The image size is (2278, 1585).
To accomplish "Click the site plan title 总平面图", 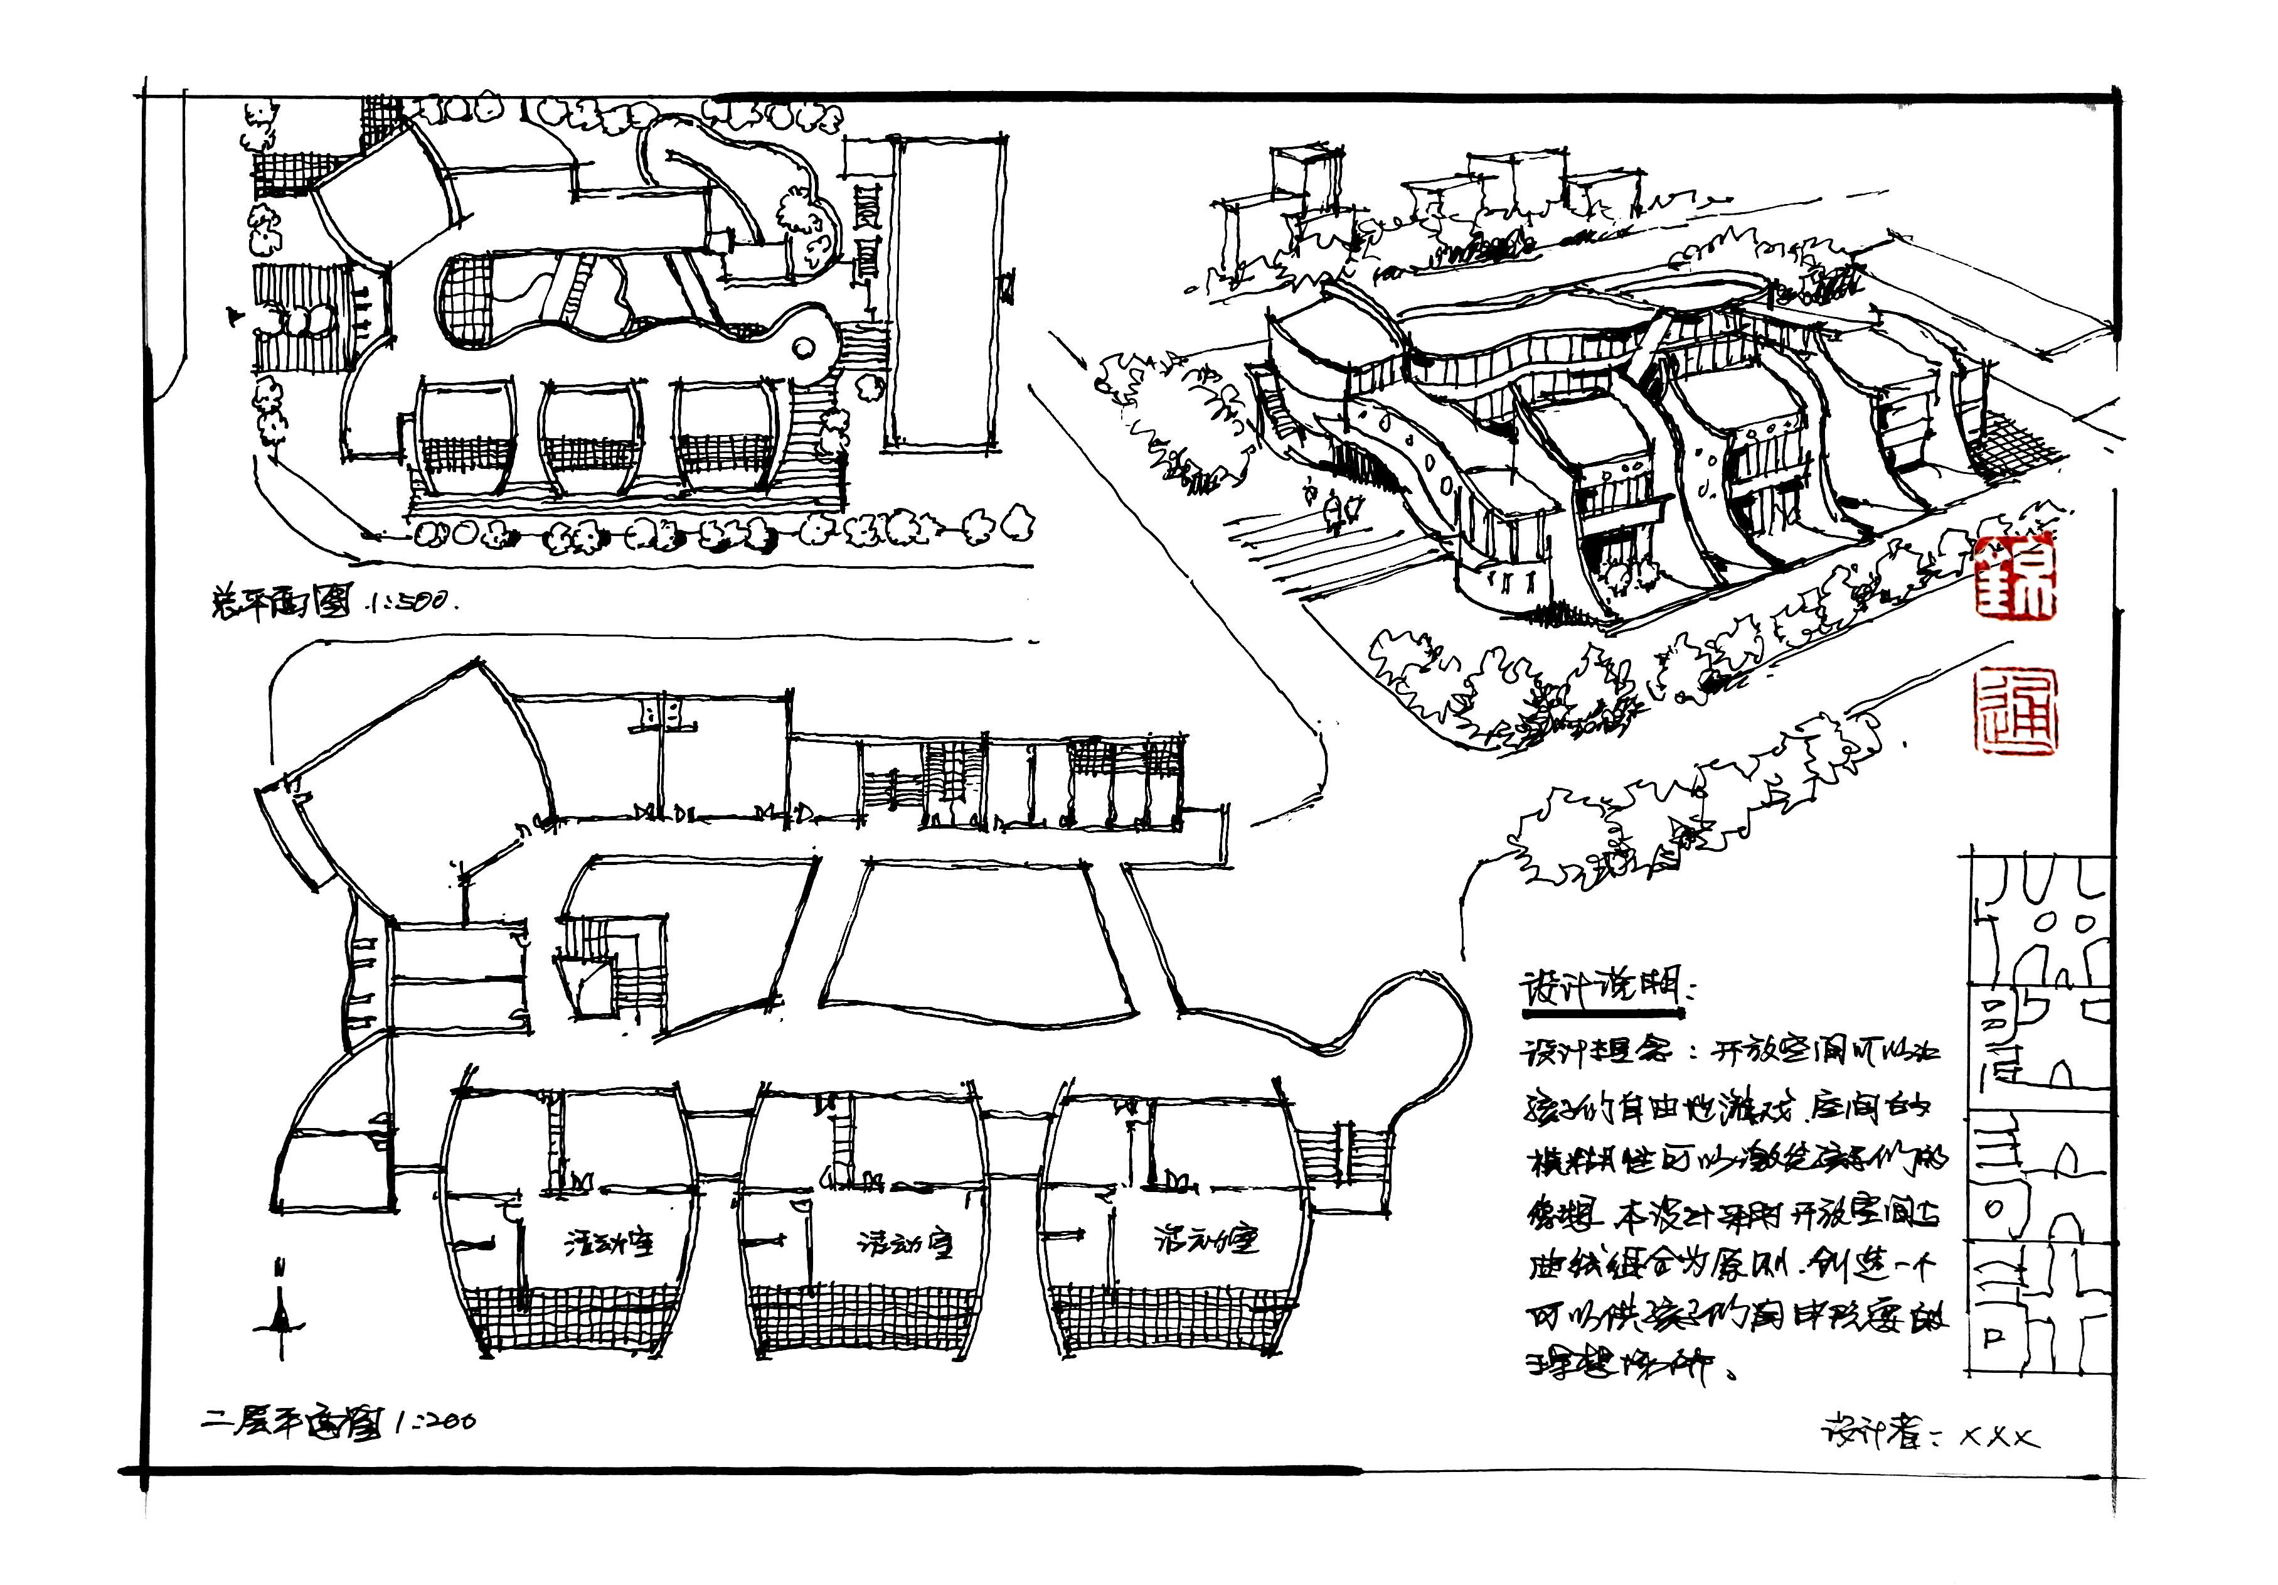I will (280, 601).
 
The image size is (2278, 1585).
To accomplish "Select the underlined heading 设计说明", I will (1599, 989).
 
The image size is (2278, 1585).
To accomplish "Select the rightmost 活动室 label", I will (1205, 1240).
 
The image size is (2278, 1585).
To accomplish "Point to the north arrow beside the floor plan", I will (282, 1310).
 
